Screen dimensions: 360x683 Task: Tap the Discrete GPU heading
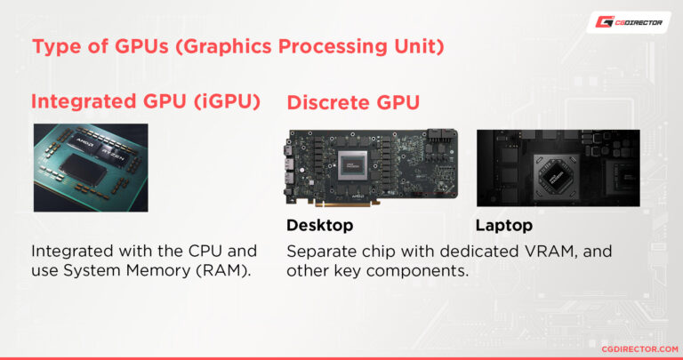[x=353, y=103]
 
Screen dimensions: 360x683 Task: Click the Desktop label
[x=319, y=225]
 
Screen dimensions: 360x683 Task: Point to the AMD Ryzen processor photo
[x=91, y=167]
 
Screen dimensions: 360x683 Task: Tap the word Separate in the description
[x=321, y=252]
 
